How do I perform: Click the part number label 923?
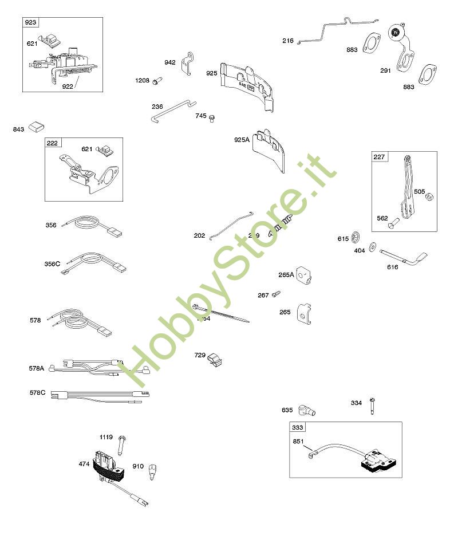(30, 22)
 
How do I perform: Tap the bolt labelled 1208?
(155, 82)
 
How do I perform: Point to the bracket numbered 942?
(185, 63)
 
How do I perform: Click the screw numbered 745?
(212, 118)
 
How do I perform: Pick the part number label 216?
(287, 41)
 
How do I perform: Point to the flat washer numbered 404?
(373, 247)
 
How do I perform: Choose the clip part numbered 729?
(215, 359)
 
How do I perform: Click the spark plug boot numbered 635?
(309, 410)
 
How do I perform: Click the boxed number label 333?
(298, 427)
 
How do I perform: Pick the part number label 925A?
(242, 140)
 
